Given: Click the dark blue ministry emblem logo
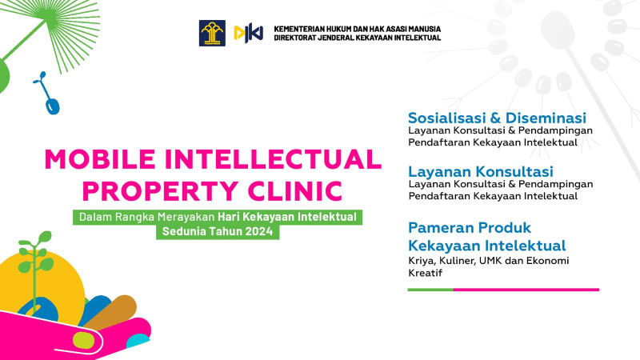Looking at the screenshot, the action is coord(212,33).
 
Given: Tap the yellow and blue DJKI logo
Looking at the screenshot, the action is coord(248,34).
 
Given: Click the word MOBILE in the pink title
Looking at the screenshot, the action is coord(100,159).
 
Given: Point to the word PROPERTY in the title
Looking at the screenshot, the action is coord(161,190).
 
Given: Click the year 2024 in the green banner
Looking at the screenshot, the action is coord(258,231).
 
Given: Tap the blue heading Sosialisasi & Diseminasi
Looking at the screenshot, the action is coord(497,118).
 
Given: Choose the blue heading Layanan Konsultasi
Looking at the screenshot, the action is coord(481,171).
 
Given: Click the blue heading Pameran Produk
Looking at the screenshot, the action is coord(470,227).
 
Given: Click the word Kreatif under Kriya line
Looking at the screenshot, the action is coord(426,273).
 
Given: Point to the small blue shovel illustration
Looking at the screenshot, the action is coord(47,93).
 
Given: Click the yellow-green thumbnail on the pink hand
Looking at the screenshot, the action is coord(83,341).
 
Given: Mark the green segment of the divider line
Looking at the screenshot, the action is coord(430,290).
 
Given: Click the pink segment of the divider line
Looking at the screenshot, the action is coord(526,290).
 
